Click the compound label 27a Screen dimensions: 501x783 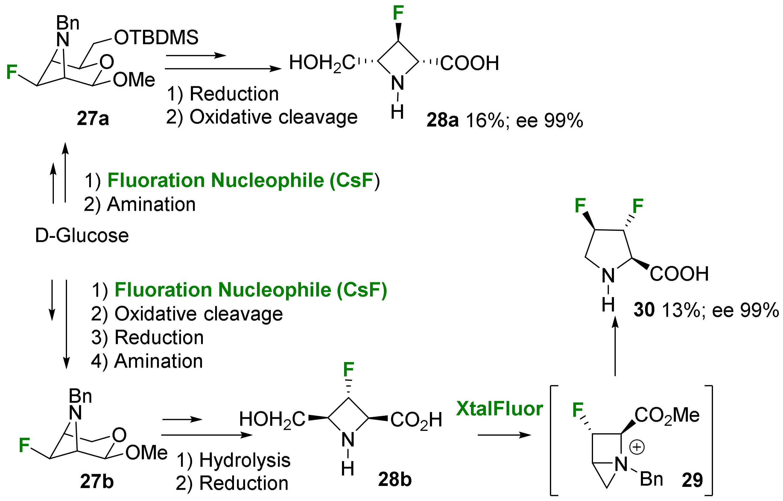tap(93, 119)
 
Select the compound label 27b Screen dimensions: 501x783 tap(97, 482)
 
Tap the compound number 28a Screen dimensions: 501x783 tap(442, 120)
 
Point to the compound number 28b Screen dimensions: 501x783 tap(395, 479)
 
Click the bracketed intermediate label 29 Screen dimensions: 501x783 tap(692, 480)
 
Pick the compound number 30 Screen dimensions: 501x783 tap(644, 310)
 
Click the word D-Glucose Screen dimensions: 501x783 tap(82, 235)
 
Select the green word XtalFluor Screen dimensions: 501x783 tap(499, 409)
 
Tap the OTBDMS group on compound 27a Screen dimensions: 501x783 tap(156, 37)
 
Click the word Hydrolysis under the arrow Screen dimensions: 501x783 tap(245, 460)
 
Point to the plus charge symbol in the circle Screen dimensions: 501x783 tap(637, 447)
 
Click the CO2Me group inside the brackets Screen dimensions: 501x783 tap(667, 415)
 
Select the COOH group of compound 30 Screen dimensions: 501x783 tap(679, 274)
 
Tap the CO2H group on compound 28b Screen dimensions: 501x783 tap(416, 420)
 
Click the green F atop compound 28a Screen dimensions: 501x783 tap(398, 13)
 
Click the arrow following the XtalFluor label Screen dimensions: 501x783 tap(504, 435)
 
